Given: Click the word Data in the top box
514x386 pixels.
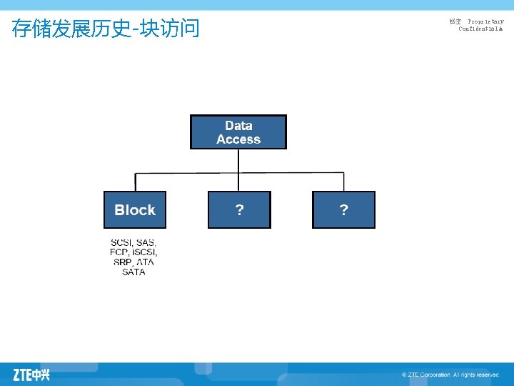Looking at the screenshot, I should [x=238, y=126].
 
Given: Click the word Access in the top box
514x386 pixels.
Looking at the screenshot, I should [x=238, y=139].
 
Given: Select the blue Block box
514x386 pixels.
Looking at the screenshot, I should [x=135, y=209].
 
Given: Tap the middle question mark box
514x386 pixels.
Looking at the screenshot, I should [x=239, y=209].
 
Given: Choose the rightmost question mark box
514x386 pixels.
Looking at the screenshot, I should [x=343, y=209].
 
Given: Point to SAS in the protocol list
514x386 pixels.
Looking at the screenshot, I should [x=146, y=243].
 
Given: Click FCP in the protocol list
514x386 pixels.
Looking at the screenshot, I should [x=119, y=252].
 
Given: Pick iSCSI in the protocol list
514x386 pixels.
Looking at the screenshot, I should [x=144, y=252].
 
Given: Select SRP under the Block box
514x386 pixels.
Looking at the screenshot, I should [x=123, y=262].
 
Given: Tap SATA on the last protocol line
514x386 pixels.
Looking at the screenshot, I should [x=133, y=272].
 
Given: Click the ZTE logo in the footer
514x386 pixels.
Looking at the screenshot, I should [x=31, y=374].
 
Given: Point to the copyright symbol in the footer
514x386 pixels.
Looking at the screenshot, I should [x=404, y=375].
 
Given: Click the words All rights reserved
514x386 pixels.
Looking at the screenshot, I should [x=476, y=375].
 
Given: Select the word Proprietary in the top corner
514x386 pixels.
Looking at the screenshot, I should [x=485, y=22].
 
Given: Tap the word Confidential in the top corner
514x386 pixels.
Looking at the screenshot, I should [x=478, y=29].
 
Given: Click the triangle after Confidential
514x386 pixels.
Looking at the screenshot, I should [x=501, y=29].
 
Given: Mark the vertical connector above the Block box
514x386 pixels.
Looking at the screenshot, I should [x=135, y=182].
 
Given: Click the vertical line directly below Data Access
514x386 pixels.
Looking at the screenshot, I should [x=238, y=161].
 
